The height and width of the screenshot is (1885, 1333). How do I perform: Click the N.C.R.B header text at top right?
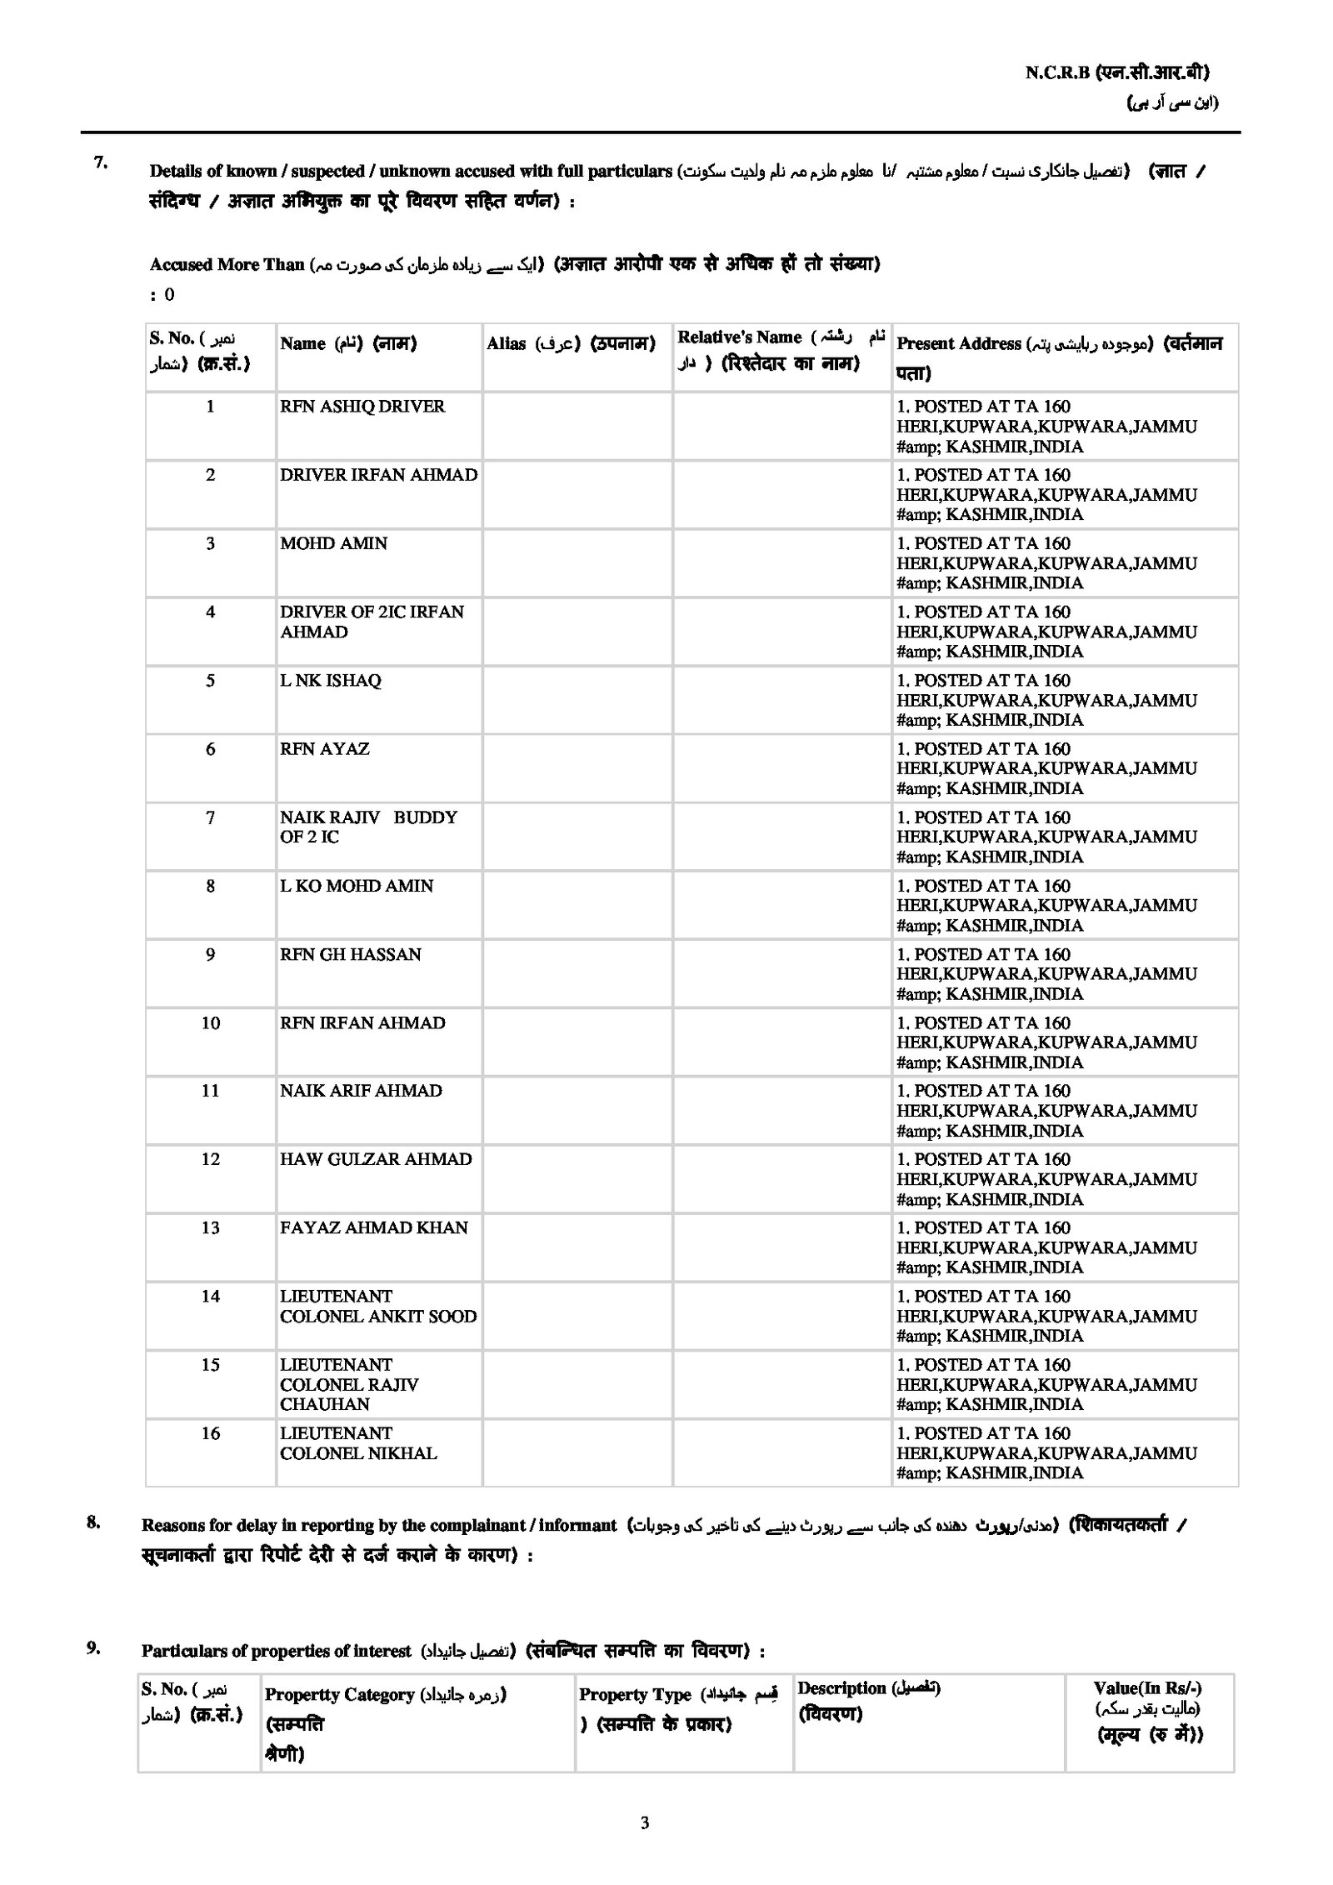click(1116, 72)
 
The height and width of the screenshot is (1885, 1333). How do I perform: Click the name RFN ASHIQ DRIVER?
click(362, 407)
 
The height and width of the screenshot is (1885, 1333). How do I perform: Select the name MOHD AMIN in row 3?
click(333, 543)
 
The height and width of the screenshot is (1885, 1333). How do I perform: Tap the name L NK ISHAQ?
click(330, 681)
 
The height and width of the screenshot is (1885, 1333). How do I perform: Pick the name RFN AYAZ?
click(324, 749)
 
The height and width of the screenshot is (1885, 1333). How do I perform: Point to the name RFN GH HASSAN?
click(350, 955)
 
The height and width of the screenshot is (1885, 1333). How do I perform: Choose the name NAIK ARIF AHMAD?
click(361, 1091)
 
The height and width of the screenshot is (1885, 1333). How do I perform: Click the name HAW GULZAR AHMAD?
click(376, 1159)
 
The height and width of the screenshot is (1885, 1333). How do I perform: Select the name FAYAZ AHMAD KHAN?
click(374, 1227)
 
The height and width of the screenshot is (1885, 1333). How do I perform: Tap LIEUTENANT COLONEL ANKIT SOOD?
click(377, 1307)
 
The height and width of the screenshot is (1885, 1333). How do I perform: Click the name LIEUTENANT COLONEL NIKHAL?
click(358, 1443)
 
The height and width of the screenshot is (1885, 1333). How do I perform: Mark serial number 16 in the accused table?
click(211, 1433)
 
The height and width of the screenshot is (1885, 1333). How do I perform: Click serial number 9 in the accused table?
click(211, 955)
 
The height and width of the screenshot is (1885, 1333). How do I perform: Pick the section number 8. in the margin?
click(94, 1522)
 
